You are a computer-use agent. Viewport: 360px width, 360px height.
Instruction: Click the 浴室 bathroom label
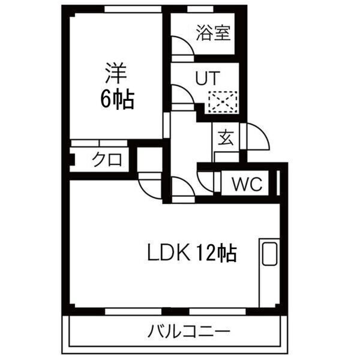click(x=212, y=34)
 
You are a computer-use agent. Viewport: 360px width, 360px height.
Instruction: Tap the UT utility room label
click(x=207, y=77)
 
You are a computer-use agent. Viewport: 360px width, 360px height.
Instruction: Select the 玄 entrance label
click(x=226, y=137)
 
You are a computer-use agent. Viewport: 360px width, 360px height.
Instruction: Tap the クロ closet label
click(x=107, y=160)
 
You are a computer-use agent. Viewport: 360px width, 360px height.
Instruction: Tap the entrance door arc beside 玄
click(x=258, y=136)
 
